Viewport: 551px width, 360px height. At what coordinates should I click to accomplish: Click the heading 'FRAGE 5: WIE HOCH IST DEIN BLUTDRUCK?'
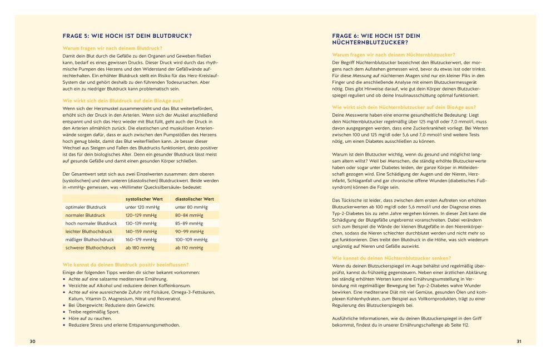[x=127, y=36]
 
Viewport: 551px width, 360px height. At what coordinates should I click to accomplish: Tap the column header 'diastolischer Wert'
[x=195, y=199]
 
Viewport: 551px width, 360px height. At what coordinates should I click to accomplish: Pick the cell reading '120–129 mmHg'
[x=141, y=215]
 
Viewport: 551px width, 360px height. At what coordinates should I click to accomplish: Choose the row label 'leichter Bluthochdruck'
[x=88, y=231]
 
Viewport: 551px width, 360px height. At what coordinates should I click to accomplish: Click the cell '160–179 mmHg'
[x=141, y=239]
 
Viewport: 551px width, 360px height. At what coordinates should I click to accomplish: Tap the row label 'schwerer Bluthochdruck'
[x=91, y=247]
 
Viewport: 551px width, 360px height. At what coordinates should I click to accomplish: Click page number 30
[x=33, y=341]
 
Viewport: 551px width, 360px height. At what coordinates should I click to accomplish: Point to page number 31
[x=518, y=341]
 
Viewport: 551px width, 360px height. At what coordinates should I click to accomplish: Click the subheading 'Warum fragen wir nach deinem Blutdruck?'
[x=112, y=48]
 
